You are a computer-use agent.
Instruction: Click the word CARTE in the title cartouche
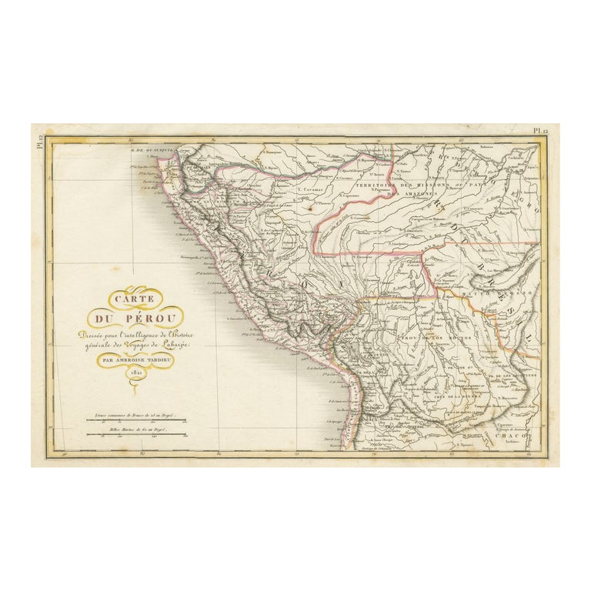point(135,299)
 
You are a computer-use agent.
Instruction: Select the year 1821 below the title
point(135,372)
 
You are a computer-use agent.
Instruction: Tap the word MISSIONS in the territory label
point(431,185)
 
